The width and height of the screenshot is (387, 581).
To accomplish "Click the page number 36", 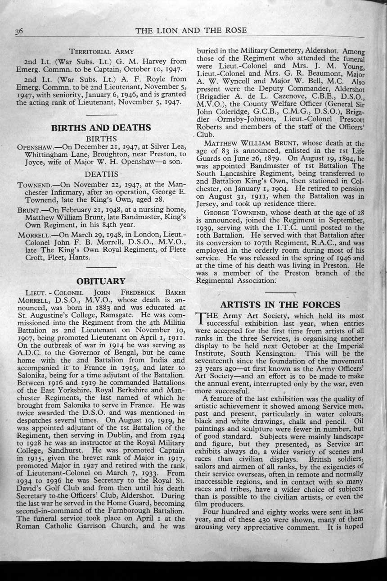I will [19, 31].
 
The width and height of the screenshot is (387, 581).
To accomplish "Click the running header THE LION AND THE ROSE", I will [191, 31].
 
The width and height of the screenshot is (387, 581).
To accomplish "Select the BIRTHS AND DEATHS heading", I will [101, 127].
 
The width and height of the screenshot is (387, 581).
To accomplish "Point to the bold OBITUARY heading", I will [101, 281].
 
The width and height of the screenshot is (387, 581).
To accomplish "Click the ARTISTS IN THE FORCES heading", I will [280, 304].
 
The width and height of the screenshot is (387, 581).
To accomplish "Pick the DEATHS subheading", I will [101, 174].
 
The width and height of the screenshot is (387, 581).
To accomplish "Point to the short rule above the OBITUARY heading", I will [101, 268].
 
